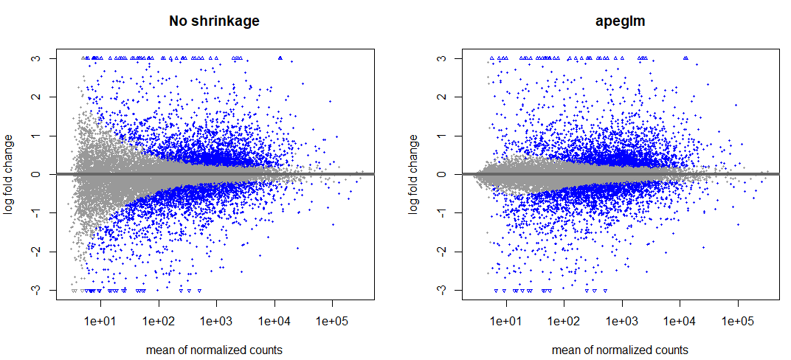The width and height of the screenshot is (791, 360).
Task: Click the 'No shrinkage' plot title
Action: pyautogui.click(x=214, y=21)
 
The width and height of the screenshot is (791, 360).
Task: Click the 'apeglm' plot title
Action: pyautogui.click(x=620, y=21)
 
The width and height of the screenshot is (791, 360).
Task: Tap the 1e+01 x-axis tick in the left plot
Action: pyautogui.click(x=100, y=322)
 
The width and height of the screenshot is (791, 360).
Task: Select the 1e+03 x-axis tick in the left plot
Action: pyautogui.click(x=216, y=322)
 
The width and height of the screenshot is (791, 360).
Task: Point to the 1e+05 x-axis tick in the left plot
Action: pyautogui.click(x=332, y=322)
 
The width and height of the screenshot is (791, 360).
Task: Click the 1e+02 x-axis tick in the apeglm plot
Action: pyautogui.click(x=564, y=322)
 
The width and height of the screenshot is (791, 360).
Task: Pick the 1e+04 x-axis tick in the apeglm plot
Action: pyautogui.click(x=680, y=322)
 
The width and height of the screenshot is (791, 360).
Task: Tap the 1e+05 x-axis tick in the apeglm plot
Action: pyautogui.click(x=738, y=322)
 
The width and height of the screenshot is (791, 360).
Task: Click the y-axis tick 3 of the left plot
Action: pyautogui.click(x=43, y=58)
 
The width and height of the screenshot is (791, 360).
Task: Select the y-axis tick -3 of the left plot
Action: pyautogui.click(x=43, y=290)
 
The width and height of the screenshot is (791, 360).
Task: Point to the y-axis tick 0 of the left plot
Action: pyautogui.click(x=43, y=174)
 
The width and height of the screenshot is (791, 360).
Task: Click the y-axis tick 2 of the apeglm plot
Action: pyautogui.click(x=449, y=97)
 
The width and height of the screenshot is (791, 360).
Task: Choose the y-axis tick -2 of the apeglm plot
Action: pyautogui.click(x=449, y=252)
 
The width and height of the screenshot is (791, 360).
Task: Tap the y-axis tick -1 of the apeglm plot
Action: pyautogui.click(x=449, y=213)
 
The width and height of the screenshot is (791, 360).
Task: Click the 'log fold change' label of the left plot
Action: pyautogui.click(x=10, y=174)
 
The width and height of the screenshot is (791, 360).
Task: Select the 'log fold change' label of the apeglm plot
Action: pyautogui.click(x=415, y=174)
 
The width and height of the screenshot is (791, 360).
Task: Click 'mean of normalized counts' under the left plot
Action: pyautogui.click(x=214, y=350)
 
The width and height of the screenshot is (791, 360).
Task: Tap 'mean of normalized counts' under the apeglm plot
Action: pyautogui.click(x=620, y=350)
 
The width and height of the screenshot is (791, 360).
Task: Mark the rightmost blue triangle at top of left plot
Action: pyautogui.click(x=280, y=58)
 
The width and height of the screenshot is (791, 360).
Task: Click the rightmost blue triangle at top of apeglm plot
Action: pyautogui.click(x=686, y=58)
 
